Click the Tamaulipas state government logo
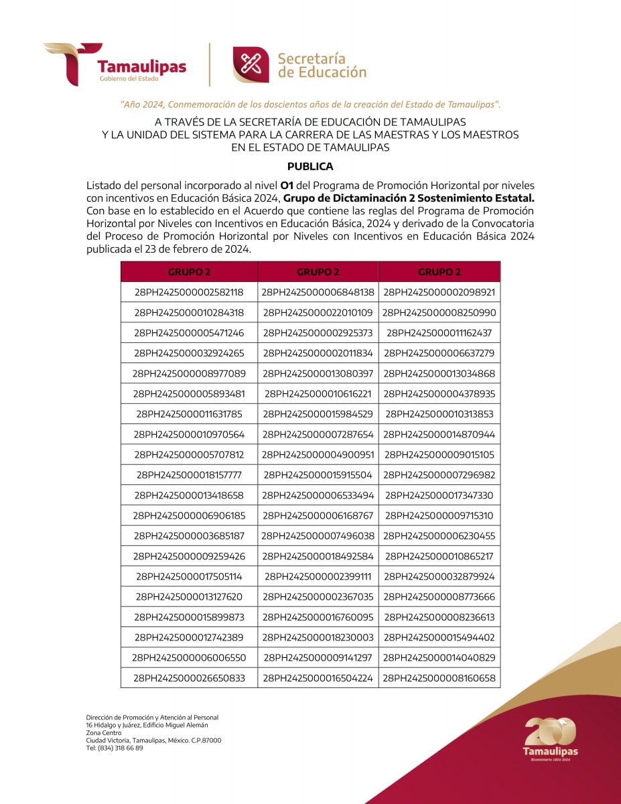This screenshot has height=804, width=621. tap(115, 64)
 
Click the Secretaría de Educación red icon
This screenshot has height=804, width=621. tap(251, 65)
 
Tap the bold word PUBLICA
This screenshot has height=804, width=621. tap(310, 166)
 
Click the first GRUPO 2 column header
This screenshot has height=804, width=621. tap(189, 272)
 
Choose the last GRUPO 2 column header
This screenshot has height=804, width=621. tap(439, 272)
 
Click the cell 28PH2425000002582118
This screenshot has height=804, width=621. tap(189, 292)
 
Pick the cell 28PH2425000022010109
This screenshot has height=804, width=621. tap(318, 313)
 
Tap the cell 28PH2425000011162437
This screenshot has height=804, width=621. tap(439, 333)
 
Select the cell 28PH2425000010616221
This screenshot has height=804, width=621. tap(318, 394)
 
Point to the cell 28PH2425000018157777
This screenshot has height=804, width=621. tap(189, 475)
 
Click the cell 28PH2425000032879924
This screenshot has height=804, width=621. tap(439, 576)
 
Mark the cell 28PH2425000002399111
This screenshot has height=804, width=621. tap(318, 576)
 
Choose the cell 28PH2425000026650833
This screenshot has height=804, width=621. tap(189, 678)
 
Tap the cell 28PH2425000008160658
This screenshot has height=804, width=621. tap(439, 678)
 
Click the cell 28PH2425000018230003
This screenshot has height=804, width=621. tap(318, 637)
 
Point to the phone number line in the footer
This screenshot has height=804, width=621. tap(114, 748)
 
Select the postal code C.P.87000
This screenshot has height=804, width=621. tap(204, 740)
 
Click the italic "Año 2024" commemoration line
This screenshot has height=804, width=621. tap(310, 105)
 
